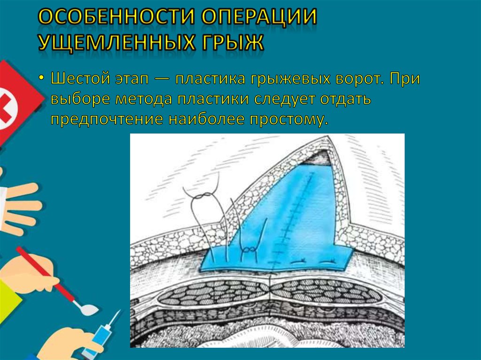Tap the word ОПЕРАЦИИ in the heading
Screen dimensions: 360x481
(259, 18)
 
